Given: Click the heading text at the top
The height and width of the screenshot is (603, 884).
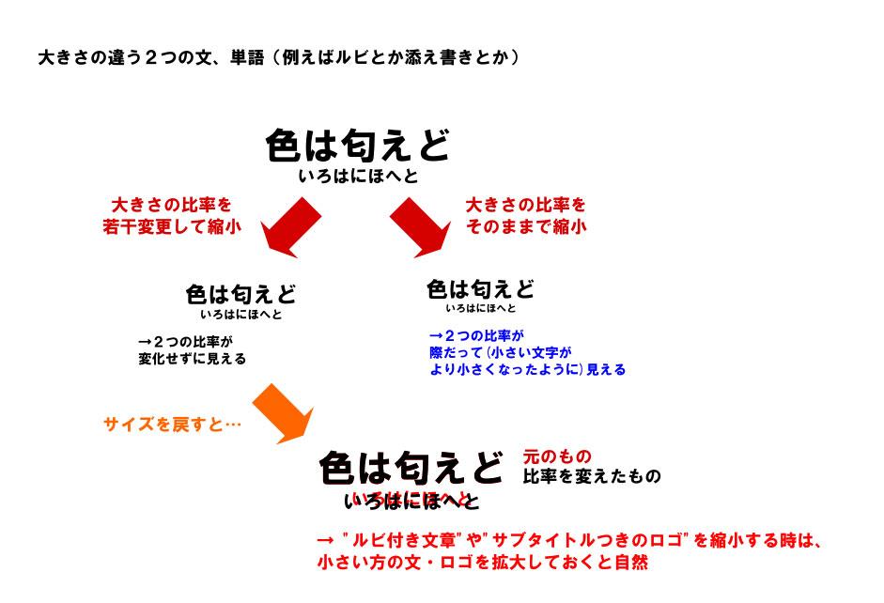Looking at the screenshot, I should [x=278, y=57].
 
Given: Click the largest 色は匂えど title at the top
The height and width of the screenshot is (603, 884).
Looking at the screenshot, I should [x=357, y=146].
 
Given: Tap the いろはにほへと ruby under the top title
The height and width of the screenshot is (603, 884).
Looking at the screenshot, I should [x=357, y=177].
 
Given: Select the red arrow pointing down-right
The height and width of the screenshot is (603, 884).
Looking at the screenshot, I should [x=421, y=228].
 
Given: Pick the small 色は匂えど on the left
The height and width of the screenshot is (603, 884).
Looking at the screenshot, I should [x=240, y=295].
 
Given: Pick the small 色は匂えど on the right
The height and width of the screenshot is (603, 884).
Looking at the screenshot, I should [x=480, y=288].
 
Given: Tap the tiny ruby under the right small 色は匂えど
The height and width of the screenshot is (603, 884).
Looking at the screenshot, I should [x=480, y=308].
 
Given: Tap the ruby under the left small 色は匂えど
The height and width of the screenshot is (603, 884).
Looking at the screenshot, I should [x=240, y=315].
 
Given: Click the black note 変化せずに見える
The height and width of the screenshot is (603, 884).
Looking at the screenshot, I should [x=193, y=358].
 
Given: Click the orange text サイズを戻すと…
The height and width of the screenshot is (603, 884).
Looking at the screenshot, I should [x=172, y=425].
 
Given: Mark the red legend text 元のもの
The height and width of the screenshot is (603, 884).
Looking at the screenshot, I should [x=557, y=457].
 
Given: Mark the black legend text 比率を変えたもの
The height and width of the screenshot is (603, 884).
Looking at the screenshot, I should [x=592, y=476].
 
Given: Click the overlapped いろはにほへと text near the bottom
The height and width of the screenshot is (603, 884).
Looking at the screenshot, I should [x=411, y=500].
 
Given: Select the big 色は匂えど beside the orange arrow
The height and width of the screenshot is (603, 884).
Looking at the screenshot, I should [x=411, y=466].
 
